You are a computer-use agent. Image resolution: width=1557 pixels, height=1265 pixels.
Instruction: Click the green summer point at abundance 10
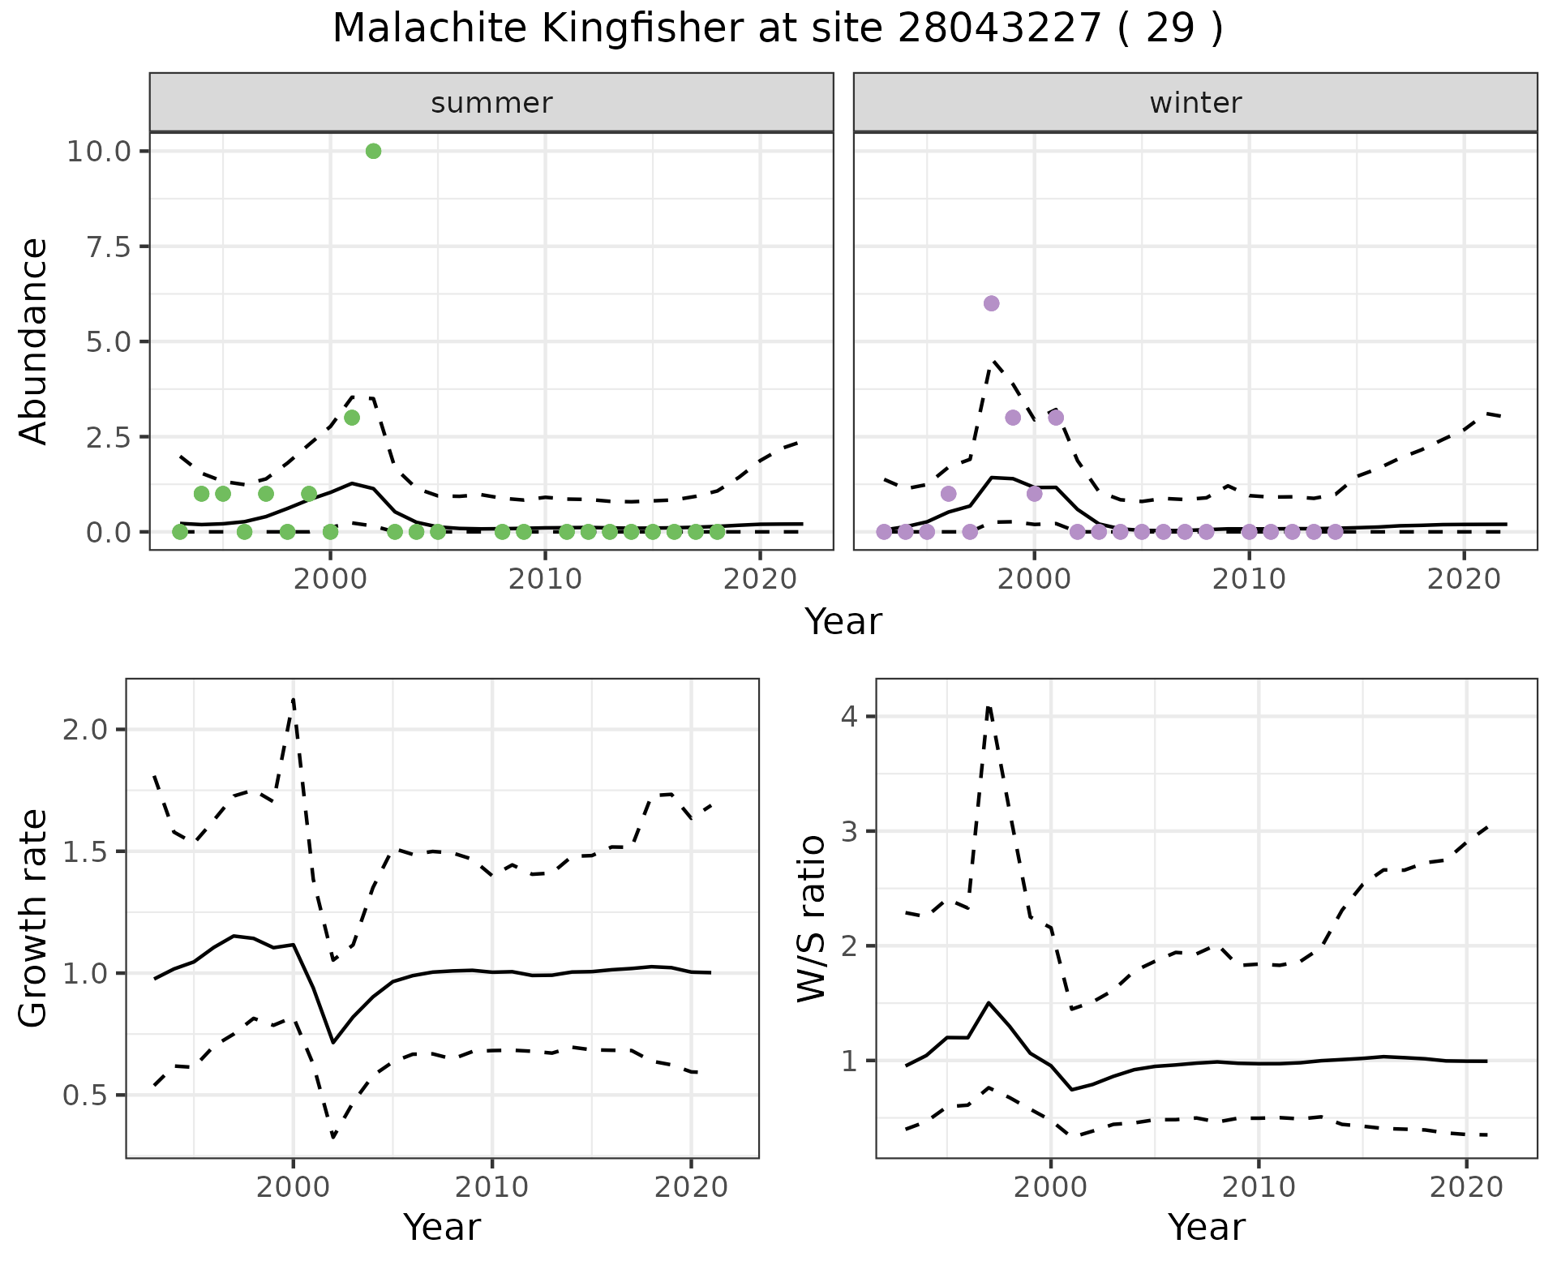[373, 151]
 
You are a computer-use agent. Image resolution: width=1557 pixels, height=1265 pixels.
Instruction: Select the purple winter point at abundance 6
[991, 303]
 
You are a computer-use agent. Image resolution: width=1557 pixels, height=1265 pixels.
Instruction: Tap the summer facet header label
[491, 103]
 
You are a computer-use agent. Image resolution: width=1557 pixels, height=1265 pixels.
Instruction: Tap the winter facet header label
[1195, 103]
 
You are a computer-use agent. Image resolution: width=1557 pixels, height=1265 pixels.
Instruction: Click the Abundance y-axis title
[34, 341]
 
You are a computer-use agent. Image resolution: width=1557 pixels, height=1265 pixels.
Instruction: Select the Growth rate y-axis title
[34, 919]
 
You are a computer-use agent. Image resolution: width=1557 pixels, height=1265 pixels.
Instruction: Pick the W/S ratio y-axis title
[811, 919]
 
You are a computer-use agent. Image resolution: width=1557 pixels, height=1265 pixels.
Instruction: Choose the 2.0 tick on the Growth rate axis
[85, 730]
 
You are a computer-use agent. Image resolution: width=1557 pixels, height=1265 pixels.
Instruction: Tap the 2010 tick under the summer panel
[545, 579]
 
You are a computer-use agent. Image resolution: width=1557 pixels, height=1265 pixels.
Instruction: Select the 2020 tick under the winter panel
[1464, 579]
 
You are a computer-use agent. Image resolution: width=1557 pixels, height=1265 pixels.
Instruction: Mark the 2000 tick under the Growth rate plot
[293, 1188]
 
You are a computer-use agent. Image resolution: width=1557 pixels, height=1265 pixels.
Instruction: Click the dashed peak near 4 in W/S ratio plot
[989, 707]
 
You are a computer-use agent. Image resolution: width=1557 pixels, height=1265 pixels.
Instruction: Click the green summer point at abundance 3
[351, 418]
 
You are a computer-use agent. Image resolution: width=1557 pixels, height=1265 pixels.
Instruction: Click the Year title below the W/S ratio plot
[1206, 1227]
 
